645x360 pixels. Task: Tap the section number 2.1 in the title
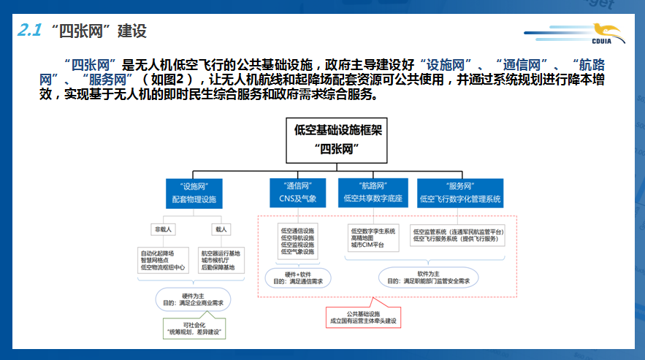pos(31,30)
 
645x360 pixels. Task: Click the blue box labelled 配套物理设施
pos(194,193)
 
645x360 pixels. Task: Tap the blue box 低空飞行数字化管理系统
pos(459,193)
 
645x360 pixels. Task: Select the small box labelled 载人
pos(220,229)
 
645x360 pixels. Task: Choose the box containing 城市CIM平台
pos(373,238)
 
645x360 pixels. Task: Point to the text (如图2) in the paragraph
pos(170,80)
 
